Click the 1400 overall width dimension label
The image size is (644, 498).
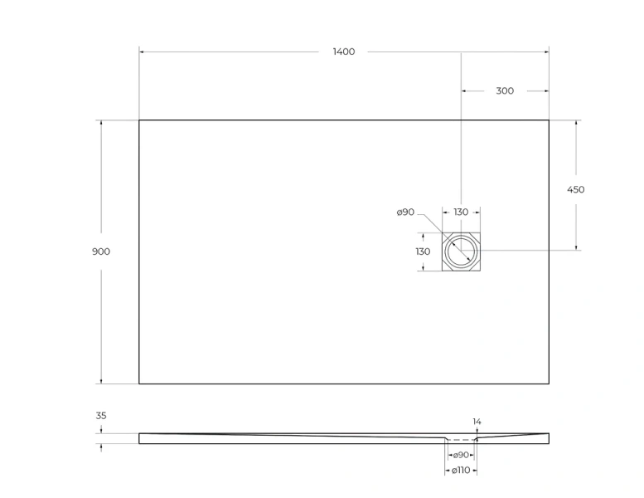(x=343, y=51)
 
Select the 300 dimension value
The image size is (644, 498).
(x=505, y=90)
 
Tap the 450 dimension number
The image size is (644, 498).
(x=575, y=189)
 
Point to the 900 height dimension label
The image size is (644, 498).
(x=101, y=251)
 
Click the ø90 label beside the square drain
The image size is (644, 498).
(x=405, y=212)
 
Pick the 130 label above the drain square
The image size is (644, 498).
(x=461, y=212)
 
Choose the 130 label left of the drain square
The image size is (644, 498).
(x=423, y=251)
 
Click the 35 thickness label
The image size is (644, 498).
(x=101, y=416)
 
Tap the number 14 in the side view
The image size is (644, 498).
(x=477, y=422)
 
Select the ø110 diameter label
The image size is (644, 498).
(x=461, y=471)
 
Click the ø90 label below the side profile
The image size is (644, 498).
(x=461, y=455)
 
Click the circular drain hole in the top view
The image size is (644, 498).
(x=461, y=251)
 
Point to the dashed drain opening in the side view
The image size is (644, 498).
(x=461, y=439)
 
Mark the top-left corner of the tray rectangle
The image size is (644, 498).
(x=139, y=120)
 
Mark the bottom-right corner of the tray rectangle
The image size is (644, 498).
(x=549, y=383)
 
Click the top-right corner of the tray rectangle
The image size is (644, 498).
(x=549, y=120)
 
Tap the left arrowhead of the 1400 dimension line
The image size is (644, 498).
(x=142, y=51)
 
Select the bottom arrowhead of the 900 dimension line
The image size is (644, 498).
(x=102, y=381)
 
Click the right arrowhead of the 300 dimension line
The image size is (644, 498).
(x=546, y=90)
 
